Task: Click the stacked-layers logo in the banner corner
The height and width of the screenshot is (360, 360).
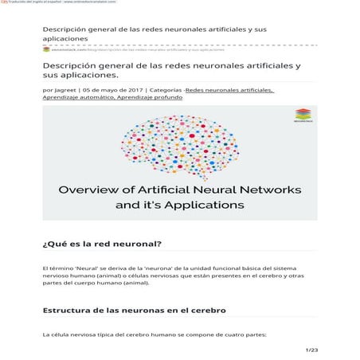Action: [302, 115]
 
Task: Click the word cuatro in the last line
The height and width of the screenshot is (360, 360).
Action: [229, 335]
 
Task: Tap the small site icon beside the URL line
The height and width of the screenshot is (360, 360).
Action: [46, 49]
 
